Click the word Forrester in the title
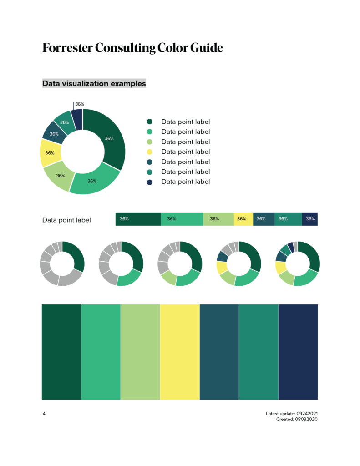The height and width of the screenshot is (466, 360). click(67, 48)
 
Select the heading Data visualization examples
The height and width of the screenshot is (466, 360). click(94, 83)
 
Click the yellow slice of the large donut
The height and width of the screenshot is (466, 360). click(50, 153)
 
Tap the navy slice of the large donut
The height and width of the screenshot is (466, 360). click(77, 119)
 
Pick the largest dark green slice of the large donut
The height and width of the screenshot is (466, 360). click(109, 138)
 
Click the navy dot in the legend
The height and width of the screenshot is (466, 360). click(150, 182)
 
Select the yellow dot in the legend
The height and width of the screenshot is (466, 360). click(150, 152)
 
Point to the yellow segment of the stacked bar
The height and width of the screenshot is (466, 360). click(243, 219)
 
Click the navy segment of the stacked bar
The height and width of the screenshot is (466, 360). click(310, 219)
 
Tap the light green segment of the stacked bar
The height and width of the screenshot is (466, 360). click(218, 219)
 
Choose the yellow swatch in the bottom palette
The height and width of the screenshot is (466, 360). click(180, 352)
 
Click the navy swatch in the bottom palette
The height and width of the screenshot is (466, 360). click(298, 352)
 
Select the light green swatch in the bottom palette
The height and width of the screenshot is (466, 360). click(140, 352)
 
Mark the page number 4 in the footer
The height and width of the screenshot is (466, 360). click(44, 414)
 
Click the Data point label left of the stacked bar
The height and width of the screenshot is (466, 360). click(66, 220)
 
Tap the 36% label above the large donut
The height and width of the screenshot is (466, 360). click(80, 104)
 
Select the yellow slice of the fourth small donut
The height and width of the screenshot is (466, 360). click(222, 268)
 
